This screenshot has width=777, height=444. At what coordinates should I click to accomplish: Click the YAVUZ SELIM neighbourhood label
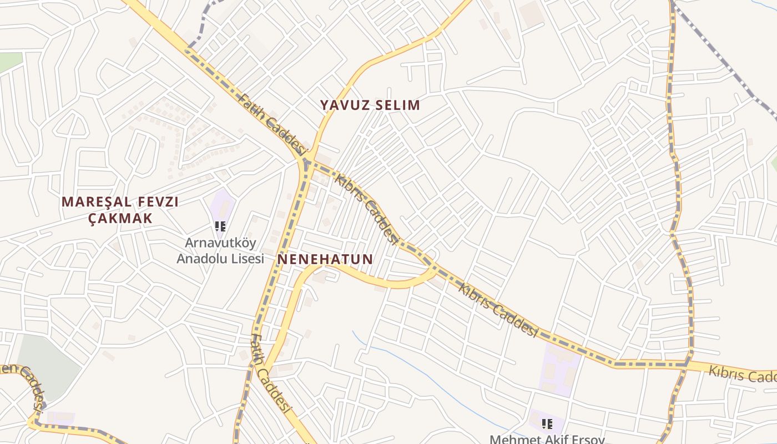tap(370, 105)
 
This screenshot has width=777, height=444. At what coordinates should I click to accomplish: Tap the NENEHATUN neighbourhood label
tap(325, 259)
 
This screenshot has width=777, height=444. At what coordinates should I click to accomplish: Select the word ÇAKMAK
tap(120, 218)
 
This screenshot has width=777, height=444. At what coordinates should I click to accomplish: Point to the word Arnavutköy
tap(220, 243)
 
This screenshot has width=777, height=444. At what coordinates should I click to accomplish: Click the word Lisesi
tap(244, 259)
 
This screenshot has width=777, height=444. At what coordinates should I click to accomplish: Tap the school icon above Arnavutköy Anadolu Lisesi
tap(220, 226)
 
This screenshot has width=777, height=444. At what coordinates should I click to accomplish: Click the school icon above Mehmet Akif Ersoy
tap(547, 424)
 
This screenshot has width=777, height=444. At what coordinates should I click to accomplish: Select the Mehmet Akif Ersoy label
tap(547, 439)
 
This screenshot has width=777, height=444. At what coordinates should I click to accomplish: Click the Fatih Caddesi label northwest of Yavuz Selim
tap(271, 124)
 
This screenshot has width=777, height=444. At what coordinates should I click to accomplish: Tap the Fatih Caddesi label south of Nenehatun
tap(271, 374)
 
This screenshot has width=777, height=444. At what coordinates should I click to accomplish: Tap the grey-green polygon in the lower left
tap(47, 366)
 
